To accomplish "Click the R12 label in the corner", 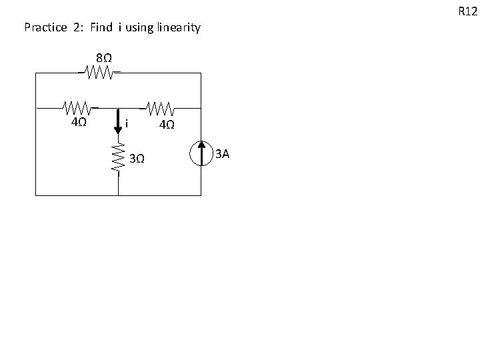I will (467, 11).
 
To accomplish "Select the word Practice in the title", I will (45, 28).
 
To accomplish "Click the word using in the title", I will (138, 28).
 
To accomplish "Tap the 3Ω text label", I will (137, 159).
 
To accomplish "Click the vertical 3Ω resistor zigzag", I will (119, 159).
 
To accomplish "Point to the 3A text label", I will (222, 155).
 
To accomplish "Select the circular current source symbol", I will (200, 153).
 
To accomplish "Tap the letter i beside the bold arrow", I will (127, 124).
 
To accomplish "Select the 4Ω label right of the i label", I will (167, 125).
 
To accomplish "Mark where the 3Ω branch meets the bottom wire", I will (119, 195).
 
